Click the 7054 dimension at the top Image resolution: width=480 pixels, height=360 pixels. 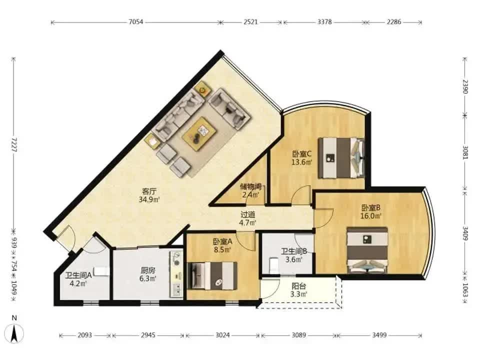135,22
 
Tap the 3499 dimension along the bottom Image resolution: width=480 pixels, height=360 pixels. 379,335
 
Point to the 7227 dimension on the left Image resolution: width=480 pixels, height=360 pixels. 14,144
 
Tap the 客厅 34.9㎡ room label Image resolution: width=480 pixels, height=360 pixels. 149,195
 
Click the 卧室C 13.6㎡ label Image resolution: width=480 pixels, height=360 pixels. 301,158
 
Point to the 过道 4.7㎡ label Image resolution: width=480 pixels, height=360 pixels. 247,218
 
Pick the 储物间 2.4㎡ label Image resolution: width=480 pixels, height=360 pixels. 250,190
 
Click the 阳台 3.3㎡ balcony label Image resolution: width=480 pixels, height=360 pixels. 299,290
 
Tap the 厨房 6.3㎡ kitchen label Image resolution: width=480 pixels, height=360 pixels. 148,274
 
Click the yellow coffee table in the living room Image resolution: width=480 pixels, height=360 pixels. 199,133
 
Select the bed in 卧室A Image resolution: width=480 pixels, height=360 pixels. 212,275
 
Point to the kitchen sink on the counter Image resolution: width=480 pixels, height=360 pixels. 176,289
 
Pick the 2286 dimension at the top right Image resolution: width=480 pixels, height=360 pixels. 393,22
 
